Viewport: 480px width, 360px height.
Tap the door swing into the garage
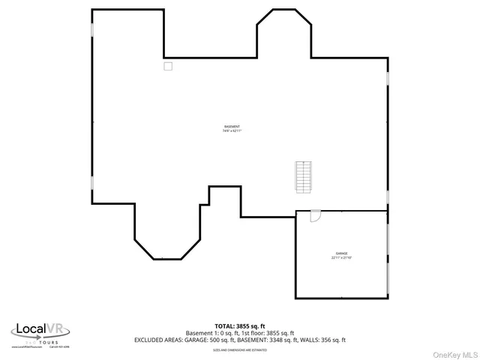coord(315,215)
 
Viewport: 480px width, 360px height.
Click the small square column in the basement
coord(168,66)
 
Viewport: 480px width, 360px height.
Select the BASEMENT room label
coord(232,126)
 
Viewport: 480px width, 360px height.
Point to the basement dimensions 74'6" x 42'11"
coord(232,131)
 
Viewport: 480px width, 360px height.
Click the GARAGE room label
coord(341,253)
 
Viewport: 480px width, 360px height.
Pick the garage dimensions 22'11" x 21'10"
coord(341,258)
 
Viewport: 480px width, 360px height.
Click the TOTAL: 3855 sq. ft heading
coord(239,326)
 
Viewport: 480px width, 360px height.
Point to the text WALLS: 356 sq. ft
coord(322,340)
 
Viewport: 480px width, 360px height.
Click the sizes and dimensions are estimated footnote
coord(239,349)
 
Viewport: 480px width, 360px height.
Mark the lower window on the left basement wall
coord(92,182)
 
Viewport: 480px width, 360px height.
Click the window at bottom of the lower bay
coord(158,259)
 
